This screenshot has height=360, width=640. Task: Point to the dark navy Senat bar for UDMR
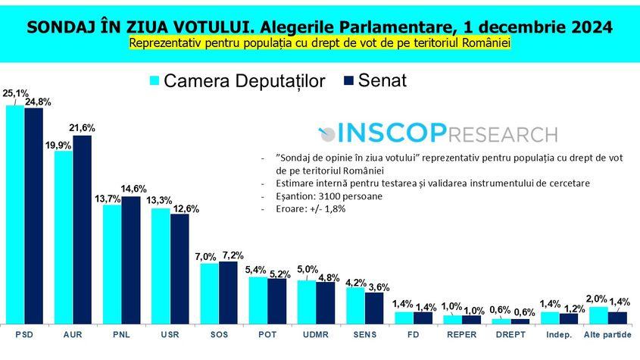325,302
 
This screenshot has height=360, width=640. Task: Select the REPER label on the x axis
462,334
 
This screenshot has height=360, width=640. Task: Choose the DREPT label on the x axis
510,334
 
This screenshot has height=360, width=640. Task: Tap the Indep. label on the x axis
559,334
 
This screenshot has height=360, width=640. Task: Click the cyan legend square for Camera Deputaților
155,81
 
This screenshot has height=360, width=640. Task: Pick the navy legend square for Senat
349,81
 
